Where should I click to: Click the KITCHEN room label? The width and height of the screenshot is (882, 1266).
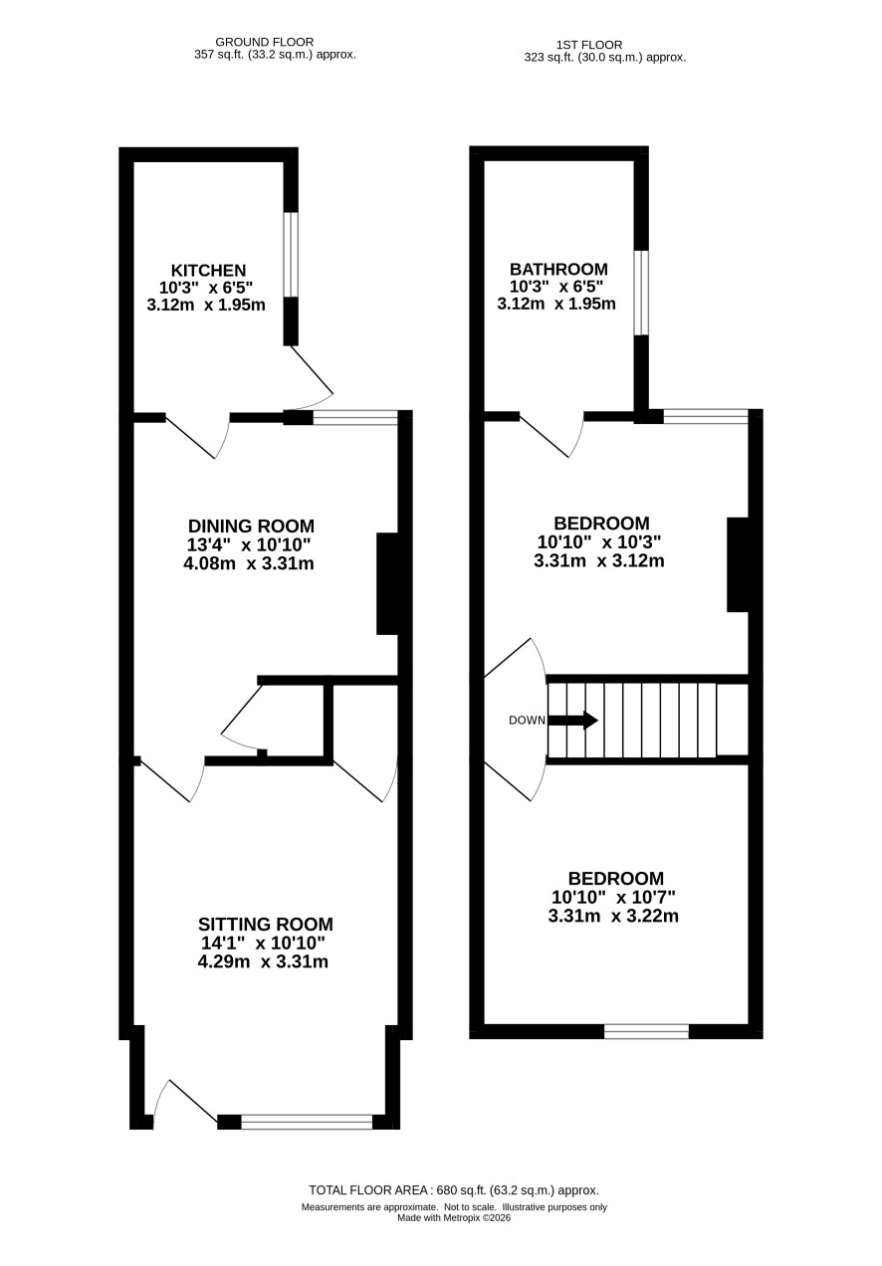209,270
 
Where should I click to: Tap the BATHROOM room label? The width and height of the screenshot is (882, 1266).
558,269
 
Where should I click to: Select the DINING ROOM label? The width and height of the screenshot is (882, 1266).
251,527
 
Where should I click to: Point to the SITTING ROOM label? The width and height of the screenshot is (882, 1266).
265,924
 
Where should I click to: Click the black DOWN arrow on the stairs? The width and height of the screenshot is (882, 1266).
572,721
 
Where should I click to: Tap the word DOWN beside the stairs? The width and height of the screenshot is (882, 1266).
527,721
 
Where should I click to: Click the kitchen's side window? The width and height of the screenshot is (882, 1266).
291,255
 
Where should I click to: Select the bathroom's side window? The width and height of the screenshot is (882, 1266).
641,293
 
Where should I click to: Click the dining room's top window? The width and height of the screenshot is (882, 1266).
355,418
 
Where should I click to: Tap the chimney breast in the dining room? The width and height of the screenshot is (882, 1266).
387,583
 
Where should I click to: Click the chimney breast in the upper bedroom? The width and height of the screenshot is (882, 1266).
738,564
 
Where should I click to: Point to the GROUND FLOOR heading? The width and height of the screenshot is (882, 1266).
265,42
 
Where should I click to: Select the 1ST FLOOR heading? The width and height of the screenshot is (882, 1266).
589,45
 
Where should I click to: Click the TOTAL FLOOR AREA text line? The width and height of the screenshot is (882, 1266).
453,1190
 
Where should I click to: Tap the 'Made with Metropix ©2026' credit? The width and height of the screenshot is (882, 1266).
454,1218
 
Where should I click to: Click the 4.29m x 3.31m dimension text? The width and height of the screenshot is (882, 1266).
263,961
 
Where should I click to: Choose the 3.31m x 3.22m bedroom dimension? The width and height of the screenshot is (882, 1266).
613,916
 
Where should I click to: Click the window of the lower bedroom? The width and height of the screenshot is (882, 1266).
647,1031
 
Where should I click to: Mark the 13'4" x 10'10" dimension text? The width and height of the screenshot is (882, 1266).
249,544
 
